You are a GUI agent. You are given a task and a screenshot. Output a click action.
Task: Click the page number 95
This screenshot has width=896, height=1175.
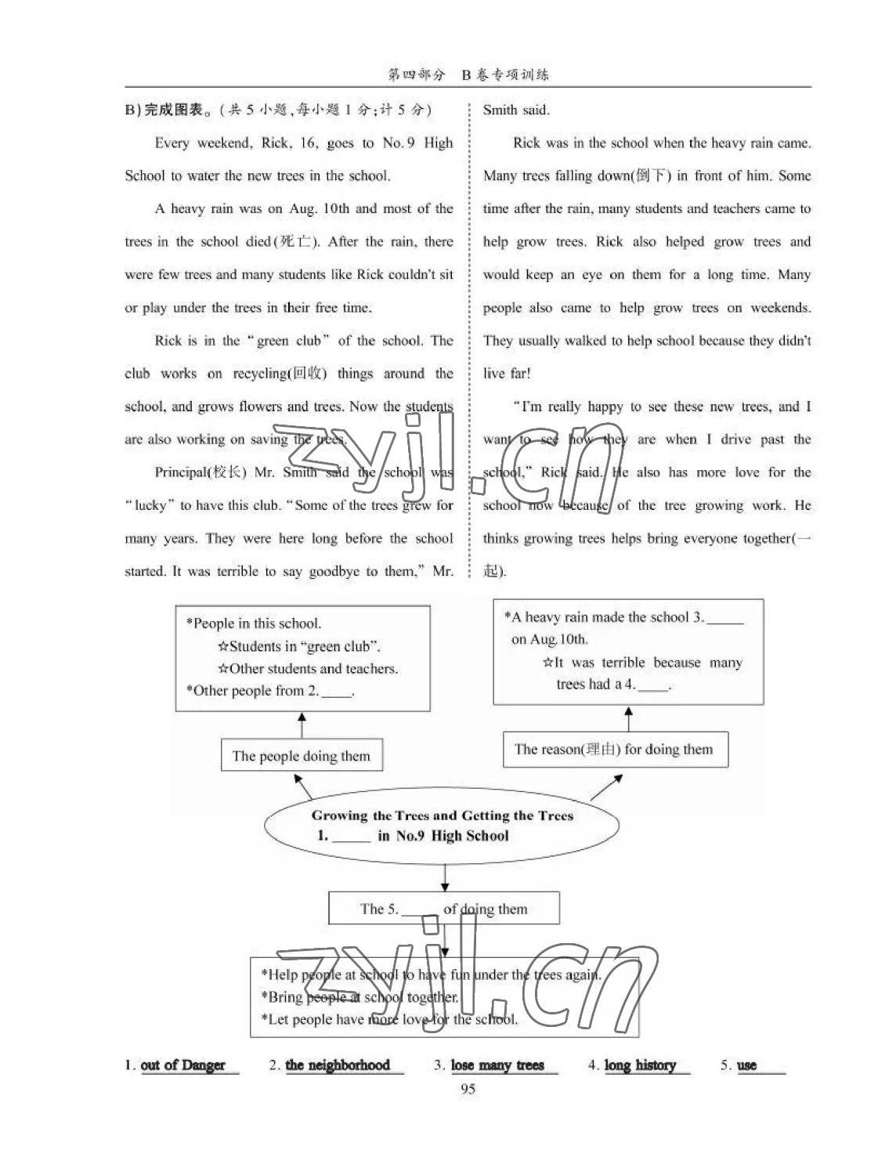click(x=468, y=1089)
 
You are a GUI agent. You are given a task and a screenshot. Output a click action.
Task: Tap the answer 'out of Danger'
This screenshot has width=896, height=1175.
click(x=182, y=1065)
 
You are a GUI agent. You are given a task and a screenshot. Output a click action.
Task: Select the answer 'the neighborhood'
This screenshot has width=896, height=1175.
click(x=338, y=1065)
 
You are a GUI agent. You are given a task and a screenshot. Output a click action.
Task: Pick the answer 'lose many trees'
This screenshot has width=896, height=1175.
click(x=497, y=1065)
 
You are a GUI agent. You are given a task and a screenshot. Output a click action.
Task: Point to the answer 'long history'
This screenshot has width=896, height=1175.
click(x=640, y=1065)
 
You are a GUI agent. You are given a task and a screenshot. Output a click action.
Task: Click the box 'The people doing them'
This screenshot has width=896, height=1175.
click(x=302, y=756)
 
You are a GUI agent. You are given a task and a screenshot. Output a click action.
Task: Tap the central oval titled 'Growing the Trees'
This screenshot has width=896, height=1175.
click(x=443, y=826)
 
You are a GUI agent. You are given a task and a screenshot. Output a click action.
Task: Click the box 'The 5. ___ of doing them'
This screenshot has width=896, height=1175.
click(x=443, y=909)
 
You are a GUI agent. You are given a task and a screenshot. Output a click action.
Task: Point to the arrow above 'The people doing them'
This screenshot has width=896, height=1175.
click(x=302, y=725)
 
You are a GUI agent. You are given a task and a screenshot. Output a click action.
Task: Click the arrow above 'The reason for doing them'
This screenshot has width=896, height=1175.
click(x=628, y=718)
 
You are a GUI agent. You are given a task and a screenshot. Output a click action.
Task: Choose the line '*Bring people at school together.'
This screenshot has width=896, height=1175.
click(x=363, y=997)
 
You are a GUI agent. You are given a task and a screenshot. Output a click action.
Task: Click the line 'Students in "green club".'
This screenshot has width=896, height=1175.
click(x=300, y=646)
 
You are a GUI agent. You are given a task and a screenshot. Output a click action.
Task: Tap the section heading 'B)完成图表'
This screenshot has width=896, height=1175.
click(x=167, y=110)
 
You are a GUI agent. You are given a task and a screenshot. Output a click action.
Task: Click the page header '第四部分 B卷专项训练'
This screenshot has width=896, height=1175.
click(x=468, y=75)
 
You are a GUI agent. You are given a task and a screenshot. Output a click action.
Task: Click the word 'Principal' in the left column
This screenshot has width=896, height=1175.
click(x=180, y=472)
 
